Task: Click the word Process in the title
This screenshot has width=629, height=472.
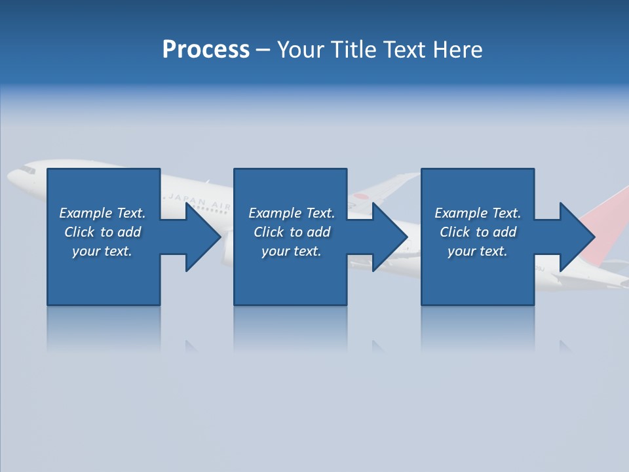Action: coord(206,50)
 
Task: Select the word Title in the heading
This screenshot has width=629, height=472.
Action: coord(355,50)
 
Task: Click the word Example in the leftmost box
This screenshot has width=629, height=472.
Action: coord(86,213)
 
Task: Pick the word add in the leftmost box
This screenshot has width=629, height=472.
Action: coord(130,232)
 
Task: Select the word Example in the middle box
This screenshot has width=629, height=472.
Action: coord(275,213)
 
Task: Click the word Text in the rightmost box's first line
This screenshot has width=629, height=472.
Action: coord(506,213)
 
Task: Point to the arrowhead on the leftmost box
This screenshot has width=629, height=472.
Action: coord(203,237)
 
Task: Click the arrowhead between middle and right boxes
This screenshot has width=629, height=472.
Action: coord(390,237)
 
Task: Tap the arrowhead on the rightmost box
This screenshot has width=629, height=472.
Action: coord(577,237)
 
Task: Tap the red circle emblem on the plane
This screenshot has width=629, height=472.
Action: coord(360,196)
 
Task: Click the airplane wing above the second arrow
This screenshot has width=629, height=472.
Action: coord(393,185)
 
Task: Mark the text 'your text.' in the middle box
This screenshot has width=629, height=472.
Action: coord(291,251)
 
